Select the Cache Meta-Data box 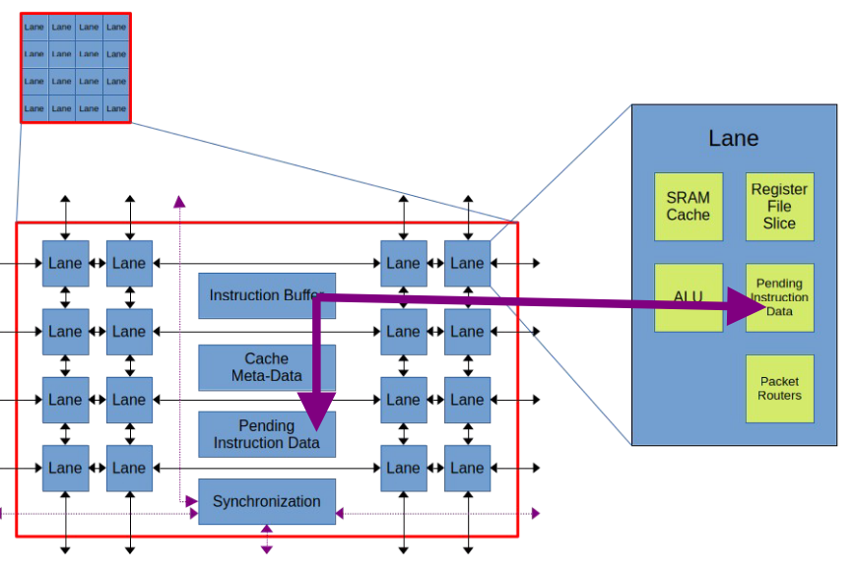tap(266, 366)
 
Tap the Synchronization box tap(266, 501)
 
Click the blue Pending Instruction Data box tap(266, 434)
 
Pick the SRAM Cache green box tap(688, 207)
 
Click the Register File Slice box tap(779, 207)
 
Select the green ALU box tap(688, 297)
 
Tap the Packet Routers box tap(779, 388)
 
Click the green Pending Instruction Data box tap(779, 297)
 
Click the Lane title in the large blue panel tap(733, 138)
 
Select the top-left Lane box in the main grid tap(65, 263)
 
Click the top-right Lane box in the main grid tap(467, 263)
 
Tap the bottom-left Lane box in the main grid tap(65, 468)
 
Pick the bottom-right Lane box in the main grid tap(467, 468)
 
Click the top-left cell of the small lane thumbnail tap(34, 28)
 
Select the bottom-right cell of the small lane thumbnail tap(116, 107)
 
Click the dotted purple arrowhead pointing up tap(179, 202)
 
